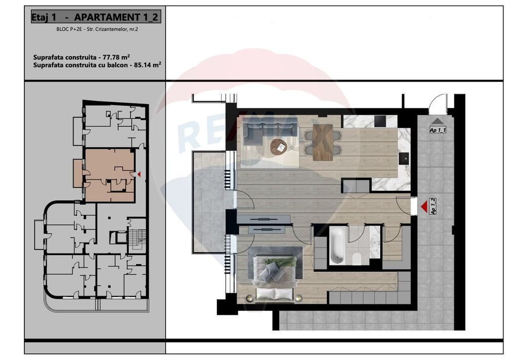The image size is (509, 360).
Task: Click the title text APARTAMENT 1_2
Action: pos(117,17)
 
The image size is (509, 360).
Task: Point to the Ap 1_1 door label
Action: pos(437,130)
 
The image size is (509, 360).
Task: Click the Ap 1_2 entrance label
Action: pos(433,206)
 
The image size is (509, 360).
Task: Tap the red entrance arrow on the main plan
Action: pos(424,206)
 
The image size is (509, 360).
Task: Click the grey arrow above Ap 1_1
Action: pos(437,121)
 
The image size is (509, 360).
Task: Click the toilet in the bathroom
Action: pos(356,259)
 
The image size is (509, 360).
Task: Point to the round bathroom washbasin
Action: pos(374,243)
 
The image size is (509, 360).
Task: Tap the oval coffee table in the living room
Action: pos(279,146)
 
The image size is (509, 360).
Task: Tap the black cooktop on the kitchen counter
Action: pos(380,121)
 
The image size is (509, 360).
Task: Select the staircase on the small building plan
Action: pos(135,240)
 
